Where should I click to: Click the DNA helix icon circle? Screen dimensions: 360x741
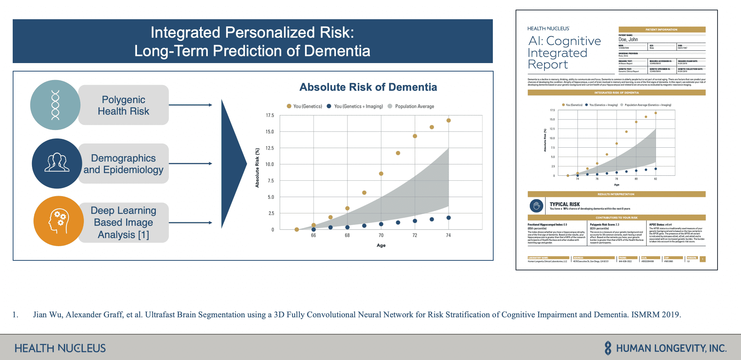pyautogui.click(x=55, y=105)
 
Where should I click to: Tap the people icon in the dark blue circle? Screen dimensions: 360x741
pyautogui.click(x=57, y=163)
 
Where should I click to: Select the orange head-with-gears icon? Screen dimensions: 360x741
pyautogui.click(x=58, y=221)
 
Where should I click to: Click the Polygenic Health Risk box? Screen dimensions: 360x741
pyautogui.click(x=123, y=105)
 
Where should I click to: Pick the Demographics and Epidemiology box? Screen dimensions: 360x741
pyautogui.click(x=123, y=164)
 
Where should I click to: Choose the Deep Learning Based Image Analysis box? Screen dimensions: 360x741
pyautogui.click(x=123, y=222)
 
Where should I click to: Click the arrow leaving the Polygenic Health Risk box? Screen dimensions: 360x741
pyautogui.click(x=190, y=105)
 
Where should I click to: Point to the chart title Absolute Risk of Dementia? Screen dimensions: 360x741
pyautogui.click(x=368, y=87)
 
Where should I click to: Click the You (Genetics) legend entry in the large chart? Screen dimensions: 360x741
pyautogui.click(x=304, y=107)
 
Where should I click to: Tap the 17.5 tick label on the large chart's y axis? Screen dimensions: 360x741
pyautogui.click(x=270, y=115)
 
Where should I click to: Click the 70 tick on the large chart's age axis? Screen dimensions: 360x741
pyautogui.click(x=381, y=235)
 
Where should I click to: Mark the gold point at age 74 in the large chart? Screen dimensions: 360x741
pyautogui.click(x=449, y=120)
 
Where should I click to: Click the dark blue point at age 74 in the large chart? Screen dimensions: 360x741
pyautogui.click(x=449, y=218)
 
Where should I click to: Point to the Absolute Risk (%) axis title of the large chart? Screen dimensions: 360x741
pyautogui.click(x=257, y=168)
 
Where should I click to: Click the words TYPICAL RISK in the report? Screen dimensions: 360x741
pyautogui.click(x=564, y=204)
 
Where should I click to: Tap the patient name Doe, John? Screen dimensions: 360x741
pyautogui.click(x=628, y=40)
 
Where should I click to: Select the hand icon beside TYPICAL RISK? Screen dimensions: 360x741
pyautogui.click(x=536, y=206)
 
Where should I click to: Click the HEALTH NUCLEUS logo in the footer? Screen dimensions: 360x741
pyautogui.click(x=60, y=348)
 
